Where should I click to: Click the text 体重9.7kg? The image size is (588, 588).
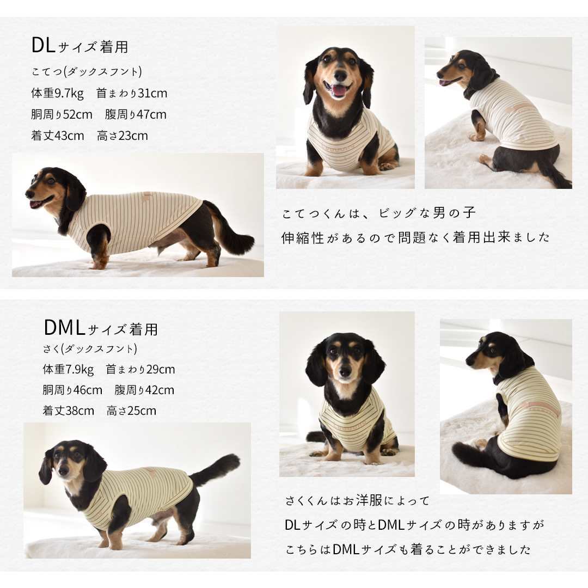pyautogui.click(x=57, y=94)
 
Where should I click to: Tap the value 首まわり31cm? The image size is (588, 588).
pyautogui.click(x=132, y=94)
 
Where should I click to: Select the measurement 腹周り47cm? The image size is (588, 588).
pyautogui.click(x=136, y=115)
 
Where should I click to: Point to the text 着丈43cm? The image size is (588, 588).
pyautogui.click(x=58, y=136)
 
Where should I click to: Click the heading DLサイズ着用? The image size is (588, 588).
pyautogui.click(x=79, y=46)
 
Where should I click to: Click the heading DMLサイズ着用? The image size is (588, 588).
pyautogui.click(x=101, y=328)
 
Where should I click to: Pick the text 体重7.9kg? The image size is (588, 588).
pyautogui.click(x=68, y=370)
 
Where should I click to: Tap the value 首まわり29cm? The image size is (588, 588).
pyautogui.click(x=140, y=370)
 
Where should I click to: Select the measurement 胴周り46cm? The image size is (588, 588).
pyautogui.click(x=72, y=390)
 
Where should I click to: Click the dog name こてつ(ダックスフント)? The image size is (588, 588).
pyautogui.click(x=87, y=72)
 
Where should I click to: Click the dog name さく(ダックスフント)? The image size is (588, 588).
pyautogui.click(x=89, y=348)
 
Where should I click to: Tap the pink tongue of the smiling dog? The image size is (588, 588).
pyautogui.click(x=339, y=90)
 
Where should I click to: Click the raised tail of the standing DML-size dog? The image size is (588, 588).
pyautogui.click(x=218, y=468)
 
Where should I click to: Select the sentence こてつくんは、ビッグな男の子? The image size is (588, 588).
pyautogui.click(x=379, y=213)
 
